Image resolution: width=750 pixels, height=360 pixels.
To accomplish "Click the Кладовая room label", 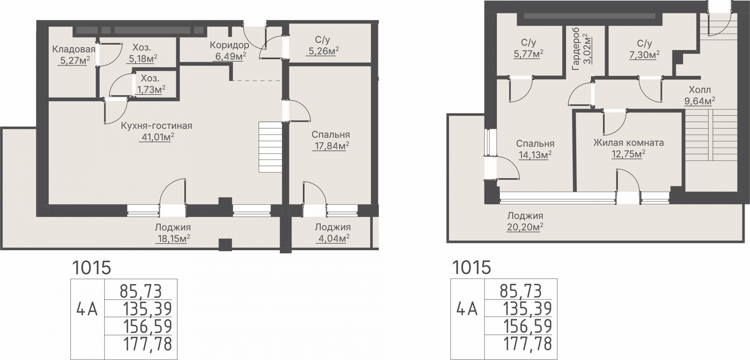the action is [x=74, y=49].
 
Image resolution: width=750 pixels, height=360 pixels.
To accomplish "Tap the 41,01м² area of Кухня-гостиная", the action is [x=156, y=137].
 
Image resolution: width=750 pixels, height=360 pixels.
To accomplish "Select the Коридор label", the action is [x=229, y=45].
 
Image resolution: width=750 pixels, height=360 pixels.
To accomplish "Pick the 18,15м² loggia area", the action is [x=173, y=238].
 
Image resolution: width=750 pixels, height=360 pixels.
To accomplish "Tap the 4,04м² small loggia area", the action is [x=332, y=238].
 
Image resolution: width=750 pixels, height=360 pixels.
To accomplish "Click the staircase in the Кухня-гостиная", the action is [x=270, y=147].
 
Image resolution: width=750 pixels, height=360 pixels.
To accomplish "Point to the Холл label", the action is [x=700, y=90].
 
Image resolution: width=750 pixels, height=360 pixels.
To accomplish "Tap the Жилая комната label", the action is [x=629, y=143].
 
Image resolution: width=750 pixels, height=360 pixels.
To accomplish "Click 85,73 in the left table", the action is [x=141, y=291].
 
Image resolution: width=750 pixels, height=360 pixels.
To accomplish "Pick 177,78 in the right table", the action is [x=527, y=344].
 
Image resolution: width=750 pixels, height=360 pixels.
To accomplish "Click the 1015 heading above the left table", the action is [x=92, y=268].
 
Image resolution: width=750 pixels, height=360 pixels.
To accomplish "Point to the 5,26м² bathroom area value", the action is [x=322, y=52].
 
